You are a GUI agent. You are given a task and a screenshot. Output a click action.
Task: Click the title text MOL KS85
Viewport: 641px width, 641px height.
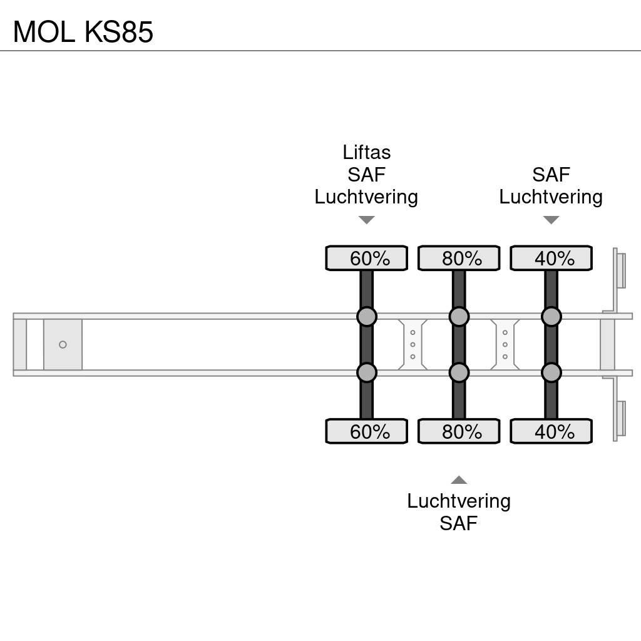83,32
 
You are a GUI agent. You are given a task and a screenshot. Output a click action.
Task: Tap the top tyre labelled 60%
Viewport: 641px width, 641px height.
367,258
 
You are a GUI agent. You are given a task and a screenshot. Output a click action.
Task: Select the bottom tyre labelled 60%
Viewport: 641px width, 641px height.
367,431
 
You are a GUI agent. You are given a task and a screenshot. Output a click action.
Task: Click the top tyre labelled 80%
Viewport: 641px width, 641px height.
459,258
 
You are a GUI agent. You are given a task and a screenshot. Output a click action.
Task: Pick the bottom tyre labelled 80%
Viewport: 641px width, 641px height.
459,431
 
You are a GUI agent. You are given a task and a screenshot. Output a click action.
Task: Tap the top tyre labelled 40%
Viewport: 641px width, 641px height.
551,258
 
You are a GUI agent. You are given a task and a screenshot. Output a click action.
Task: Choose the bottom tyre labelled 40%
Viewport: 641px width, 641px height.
551,431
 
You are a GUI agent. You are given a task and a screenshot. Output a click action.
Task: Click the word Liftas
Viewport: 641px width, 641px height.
366,152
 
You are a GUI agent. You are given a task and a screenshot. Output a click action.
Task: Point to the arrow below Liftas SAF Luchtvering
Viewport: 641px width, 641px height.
366,220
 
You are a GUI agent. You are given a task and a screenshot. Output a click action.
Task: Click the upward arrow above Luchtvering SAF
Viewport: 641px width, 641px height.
459,480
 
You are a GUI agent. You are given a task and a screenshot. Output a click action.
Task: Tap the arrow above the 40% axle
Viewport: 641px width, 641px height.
551,220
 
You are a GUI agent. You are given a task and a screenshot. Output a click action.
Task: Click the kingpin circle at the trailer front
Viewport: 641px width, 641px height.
63,345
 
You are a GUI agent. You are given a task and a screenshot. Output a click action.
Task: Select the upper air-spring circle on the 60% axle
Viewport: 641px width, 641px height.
367,316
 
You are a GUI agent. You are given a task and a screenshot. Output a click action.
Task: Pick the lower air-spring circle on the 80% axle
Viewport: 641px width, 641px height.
459,373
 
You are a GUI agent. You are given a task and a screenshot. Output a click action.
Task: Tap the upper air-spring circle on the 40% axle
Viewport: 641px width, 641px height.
551,316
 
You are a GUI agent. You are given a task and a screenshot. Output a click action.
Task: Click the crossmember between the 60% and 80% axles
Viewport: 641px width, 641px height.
413,345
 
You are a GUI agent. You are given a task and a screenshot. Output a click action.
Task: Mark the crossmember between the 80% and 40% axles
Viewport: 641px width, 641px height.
505,345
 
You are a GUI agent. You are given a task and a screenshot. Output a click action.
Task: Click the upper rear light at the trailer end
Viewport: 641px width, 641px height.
620,269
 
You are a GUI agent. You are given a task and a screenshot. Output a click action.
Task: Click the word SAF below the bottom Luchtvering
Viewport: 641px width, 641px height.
458,523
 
